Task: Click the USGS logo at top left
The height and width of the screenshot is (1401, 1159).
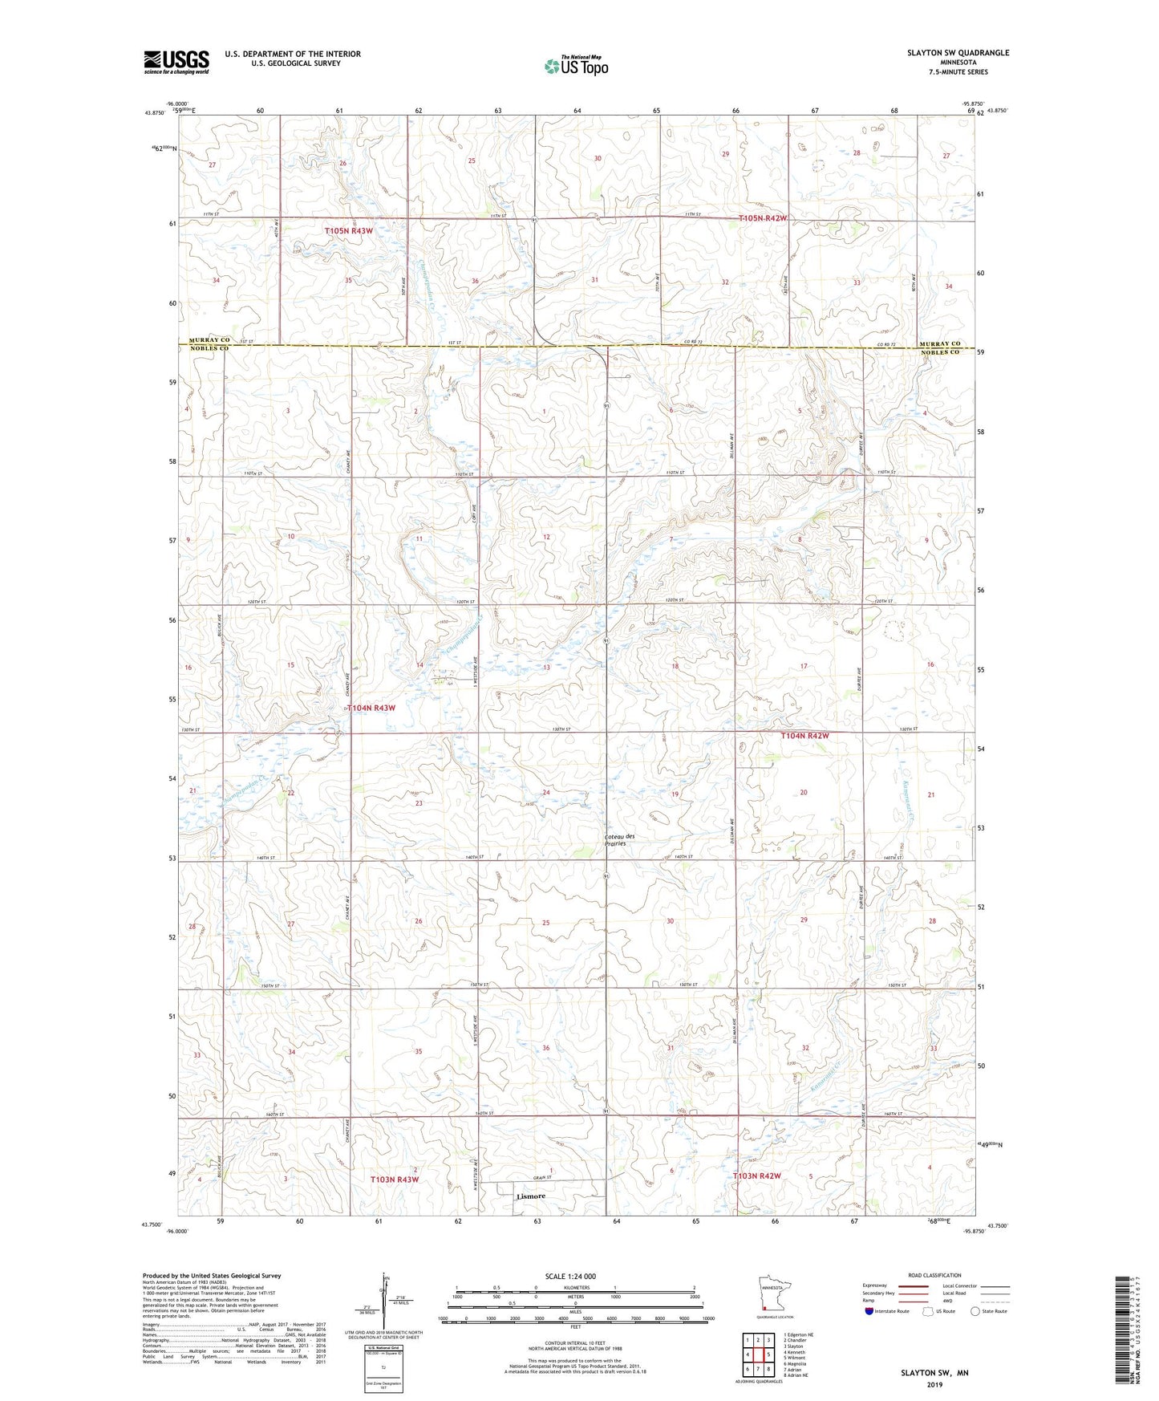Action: [176, 62]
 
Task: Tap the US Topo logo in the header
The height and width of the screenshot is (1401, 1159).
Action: [576, 66]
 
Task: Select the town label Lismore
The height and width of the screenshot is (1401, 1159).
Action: [530, 1196]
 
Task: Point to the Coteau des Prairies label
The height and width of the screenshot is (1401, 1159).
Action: [619, 840]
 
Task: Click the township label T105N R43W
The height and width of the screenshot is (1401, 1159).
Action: [349, 231]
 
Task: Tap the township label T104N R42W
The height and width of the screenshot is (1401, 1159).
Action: [804, 735]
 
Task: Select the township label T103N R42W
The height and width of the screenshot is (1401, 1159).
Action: [756, 1176]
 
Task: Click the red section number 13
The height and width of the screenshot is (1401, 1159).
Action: [546, 668]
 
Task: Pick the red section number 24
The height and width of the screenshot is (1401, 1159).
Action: [546, 792]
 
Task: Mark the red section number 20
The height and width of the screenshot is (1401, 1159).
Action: [804, 792]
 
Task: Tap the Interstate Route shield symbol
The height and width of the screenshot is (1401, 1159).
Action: [869, 1311]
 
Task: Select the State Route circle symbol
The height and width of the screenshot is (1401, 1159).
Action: [975, 1311]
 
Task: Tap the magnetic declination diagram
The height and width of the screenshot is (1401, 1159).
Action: [383, 1306]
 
